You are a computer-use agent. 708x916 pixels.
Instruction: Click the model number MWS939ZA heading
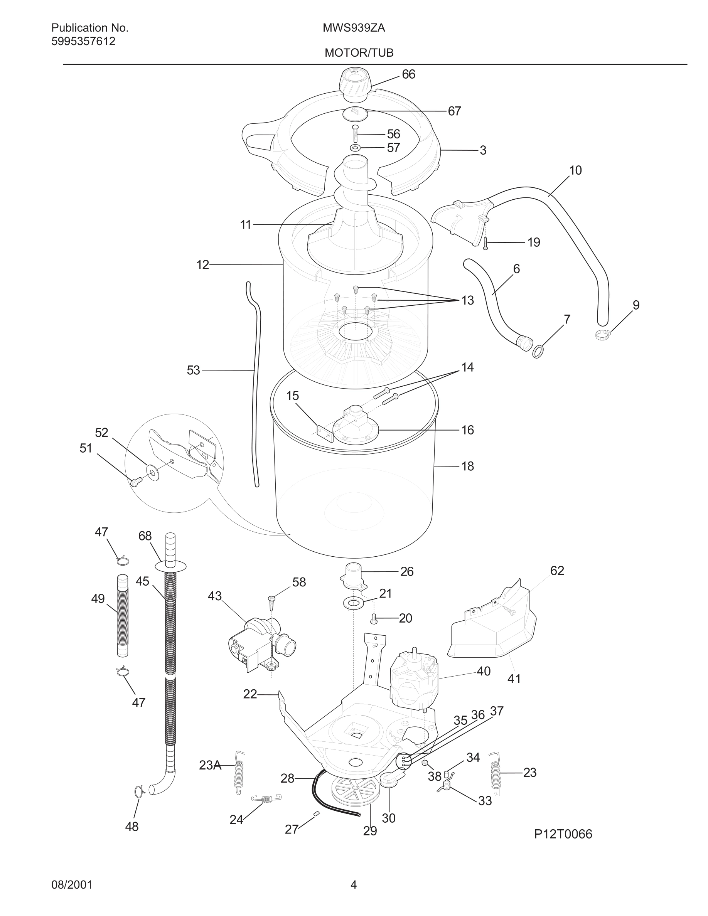click(x=354, y=28)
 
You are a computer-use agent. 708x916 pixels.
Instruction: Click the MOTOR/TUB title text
click(x=359, y=53)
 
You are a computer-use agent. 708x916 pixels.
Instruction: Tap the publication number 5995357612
click(x=83, y=42)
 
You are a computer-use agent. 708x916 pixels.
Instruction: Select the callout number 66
click(x=408, y=74)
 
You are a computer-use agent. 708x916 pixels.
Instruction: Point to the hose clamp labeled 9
click(x=602, y=334)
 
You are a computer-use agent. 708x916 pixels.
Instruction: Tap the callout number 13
click(x=467, y=300)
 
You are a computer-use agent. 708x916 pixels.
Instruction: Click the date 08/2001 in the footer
click(x=72, y=885)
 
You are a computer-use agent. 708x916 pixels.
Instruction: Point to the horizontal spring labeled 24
click(x=266, y=798)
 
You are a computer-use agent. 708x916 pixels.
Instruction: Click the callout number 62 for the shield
click(x=556, y=571)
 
